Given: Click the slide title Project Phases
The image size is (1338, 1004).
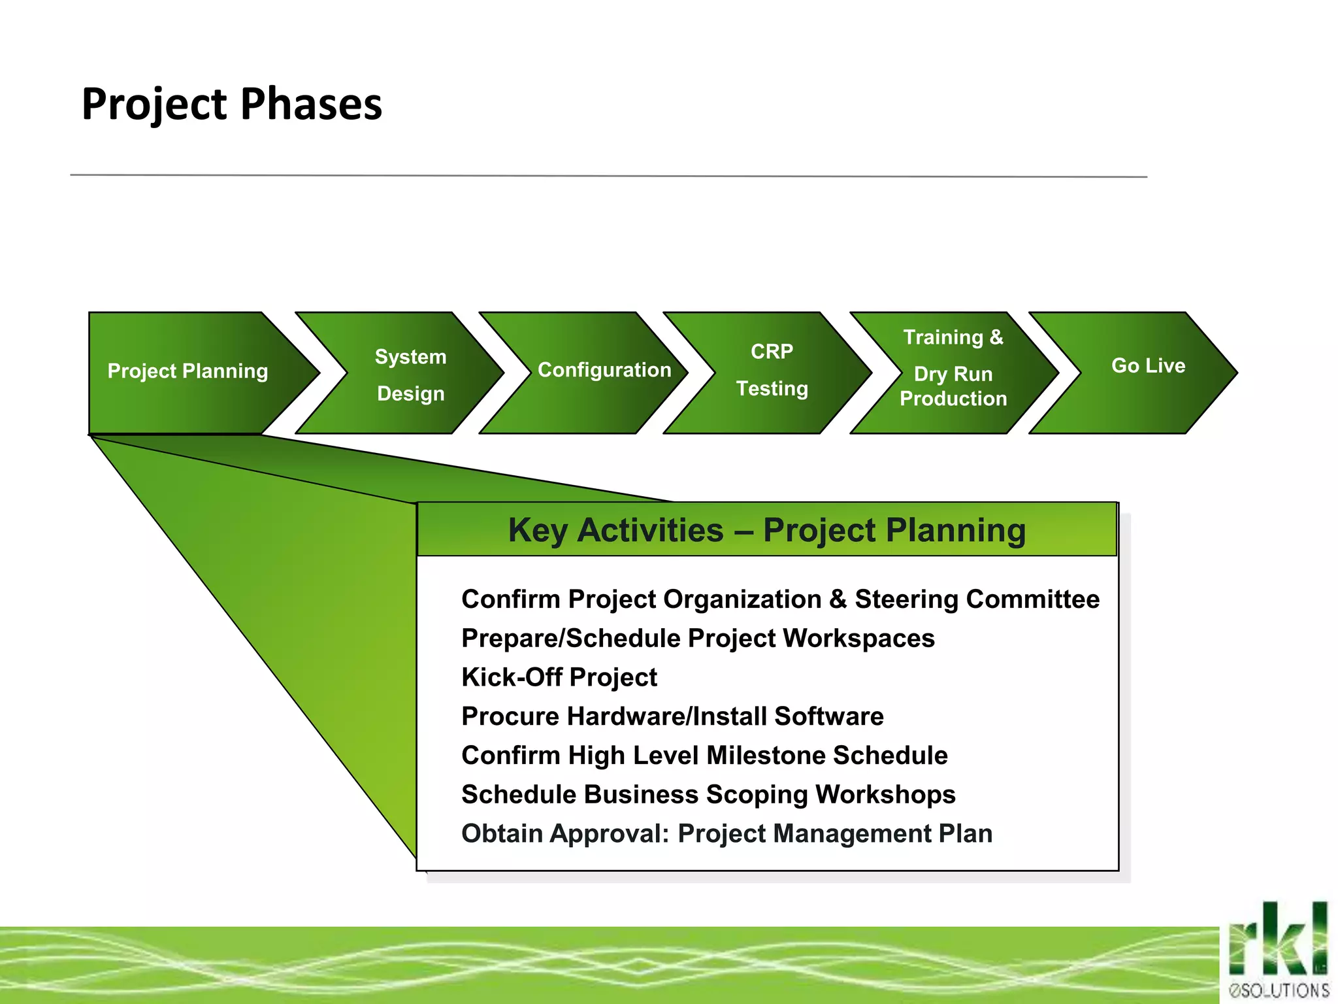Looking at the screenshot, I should click(x=231, y=105).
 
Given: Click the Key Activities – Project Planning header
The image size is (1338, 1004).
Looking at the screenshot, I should click(x=766, y=530).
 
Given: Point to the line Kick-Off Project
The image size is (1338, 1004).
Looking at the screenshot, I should click(x=559, y=677).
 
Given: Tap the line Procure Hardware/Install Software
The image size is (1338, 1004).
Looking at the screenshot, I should click(x=672, y=716).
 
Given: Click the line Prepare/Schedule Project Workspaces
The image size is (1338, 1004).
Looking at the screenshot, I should click(x=698, y=639).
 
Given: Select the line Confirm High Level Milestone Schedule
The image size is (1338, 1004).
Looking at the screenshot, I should click(x=704, y=756).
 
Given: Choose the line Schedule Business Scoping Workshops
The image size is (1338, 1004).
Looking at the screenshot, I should click(x=708, y=795).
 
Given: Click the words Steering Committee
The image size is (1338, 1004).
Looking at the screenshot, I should click(x=977, y=599).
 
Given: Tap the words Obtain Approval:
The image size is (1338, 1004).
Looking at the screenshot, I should click(x=565, y=834).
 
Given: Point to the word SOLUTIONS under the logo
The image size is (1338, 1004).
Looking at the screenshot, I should click(x=1284, y=990).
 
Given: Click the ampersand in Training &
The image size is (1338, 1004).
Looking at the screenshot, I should click(x=996, y=337).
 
